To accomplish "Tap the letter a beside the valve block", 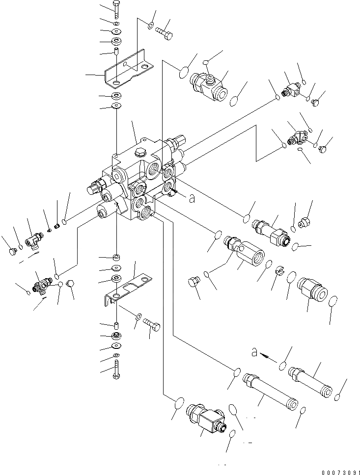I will (x=192, y=198).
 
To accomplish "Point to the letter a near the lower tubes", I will (x=254, y=352).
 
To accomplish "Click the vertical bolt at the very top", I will (x=115, y=9).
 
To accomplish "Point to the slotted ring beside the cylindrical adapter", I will (x=279, y=270).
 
